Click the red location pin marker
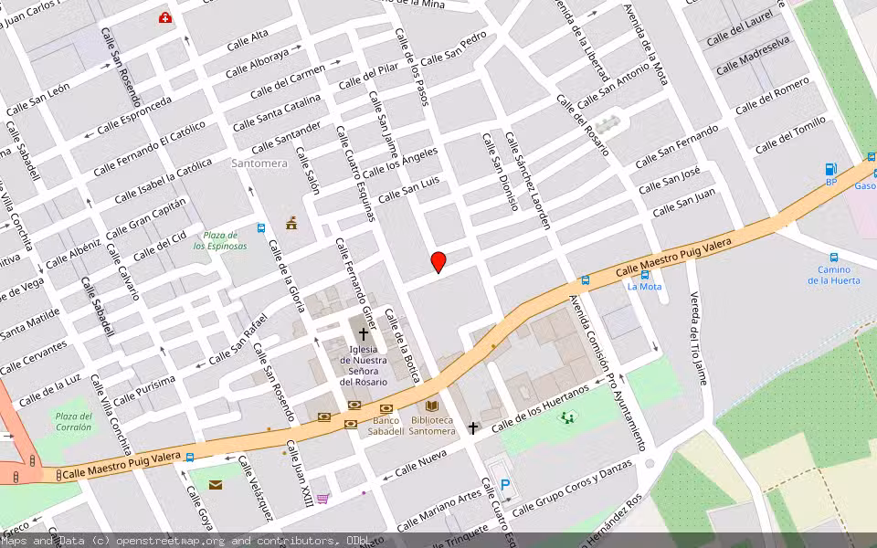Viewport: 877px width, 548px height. coord(438,262)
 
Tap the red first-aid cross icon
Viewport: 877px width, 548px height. coord(165,17)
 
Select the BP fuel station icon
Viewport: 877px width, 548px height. coord(830,169)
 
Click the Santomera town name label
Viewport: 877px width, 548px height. coord(259,163)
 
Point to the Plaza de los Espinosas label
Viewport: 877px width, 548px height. coord(220,240)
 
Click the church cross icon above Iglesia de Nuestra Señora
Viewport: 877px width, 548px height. coord(364,334)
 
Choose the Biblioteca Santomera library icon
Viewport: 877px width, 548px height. coord(432,406)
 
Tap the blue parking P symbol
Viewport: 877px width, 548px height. coord(505,486)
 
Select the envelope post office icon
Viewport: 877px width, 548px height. coord(216,484)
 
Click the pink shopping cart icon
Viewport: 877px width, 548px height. coord(322,498)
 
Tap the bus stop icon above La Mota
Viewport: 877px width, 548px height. coord(645,274)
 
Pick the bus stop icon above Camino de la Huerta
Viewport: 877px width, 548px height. coord(834,258)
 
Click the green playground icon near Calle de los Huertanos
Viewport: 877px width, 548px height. coord(568,417)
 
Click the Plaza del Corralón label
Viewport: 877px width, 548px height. coord(73,421)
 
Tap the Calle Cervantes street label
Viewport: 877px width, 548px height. coord(34,357)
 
